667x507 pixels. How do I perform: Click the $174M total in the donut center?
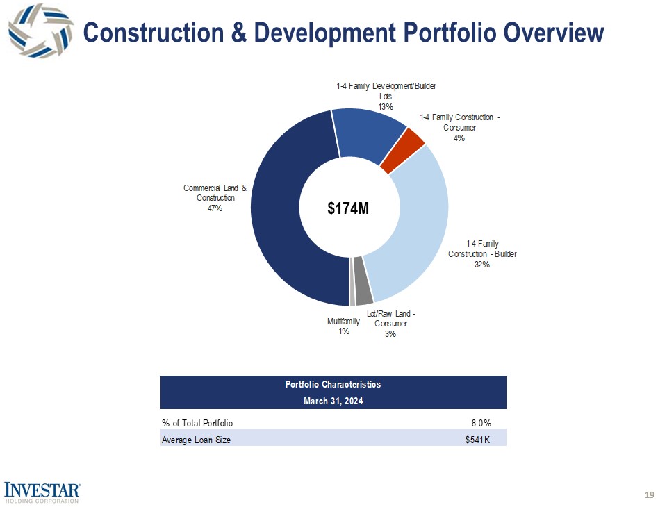[x=348, y=208]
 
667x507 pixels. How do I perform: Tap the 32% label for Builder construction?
[x=482, y=265]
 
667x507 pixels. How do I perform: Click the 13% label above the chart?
[x=386, y=107]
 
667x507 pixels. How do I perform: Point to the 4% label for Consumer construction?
[x=459, y=138]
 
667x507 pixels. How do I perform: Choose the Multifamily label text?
[x=343, y=322]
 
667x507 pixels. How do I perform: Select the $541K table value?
[x=477, y=439]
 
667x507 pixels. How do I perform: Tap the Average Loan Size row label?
[x=196, y=439]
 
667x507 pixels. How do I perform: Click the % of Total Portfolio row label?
[x=197, y=422]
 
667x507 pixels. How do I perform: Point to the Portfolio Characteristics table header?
[x=333, y=384]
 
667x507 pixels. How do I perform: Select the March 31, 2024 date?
[x=333, y=401]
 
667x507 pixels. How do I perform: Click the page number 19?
[x=650, y=494]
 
